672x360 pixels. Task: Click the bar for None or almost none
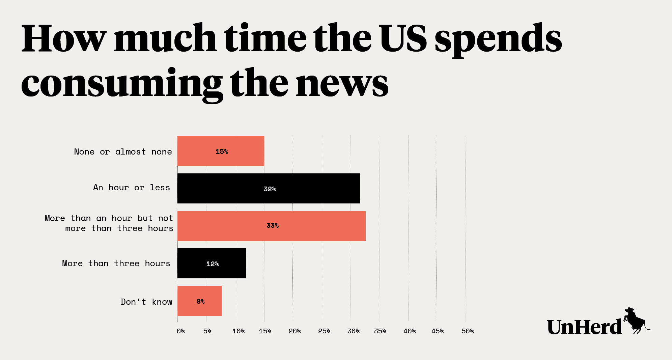[x=221, y=151]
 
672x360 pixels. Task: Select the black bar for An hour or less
[x=269, y=188]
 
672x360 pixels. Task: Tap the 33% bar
[x=272, y=226]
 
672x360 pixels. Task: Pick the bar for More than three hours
[x=212, y=263]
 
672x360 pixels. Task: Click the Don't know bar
[x=199, y=301]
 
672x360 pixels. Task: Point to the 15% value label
[x=222, y=152]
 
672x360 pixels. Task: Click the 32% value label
[x=270, y=189]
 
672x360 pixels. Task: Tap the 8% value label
[x=200, y=301]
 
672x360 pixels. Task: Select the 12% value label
[x=213, y=264]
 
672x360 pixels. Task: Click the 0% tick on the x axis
[x=180, y=331]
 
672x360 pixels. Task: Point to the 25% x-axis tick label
[x=324, y=331]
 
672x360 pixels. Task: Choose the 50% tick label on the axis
[x=467, y=331]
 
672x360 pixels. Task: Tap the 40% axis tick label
[x=409, y=331]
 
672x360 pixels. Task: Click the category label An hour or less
[x=132, y=188]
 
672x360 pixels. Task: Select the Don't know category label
[x=146, y=302]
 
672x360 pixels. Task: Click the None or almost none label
[x=123, y=152]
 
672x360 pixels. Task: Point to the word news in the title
[x=342, y=83]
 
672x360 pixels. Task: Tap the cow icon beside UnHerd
[x=636, y=321]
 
